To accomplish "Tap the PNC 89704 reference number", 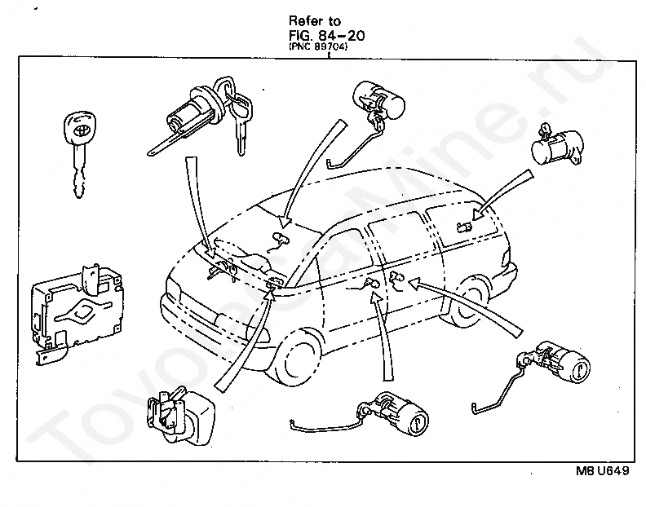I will pyautogui.click(x=319, y=47).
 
